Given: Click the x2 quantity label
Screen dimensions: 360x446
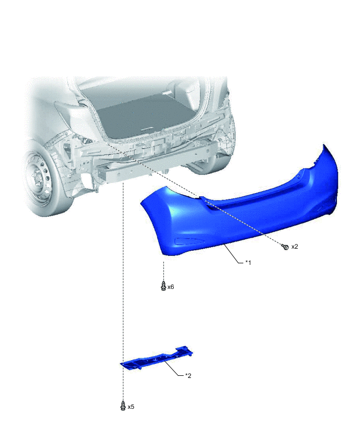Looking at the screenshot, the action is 295,247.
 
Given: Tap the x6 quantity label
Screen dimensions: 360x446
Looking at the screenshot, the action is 171,287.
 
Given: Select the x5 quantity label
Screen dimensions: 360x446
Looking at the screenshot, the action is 131,407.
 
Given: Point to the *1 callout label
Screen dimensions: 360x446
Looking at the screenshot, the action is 248,263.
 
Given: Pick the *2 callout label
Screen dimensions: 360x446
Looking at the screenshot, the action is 188,375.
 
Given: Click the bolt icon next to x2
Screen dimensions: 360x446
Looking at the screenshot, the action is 285,247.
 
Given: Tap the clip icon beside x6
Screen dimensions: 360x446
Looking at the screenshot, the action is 163,286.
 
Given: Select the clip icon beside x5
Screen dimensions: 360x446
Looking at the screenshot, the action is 123,406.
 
